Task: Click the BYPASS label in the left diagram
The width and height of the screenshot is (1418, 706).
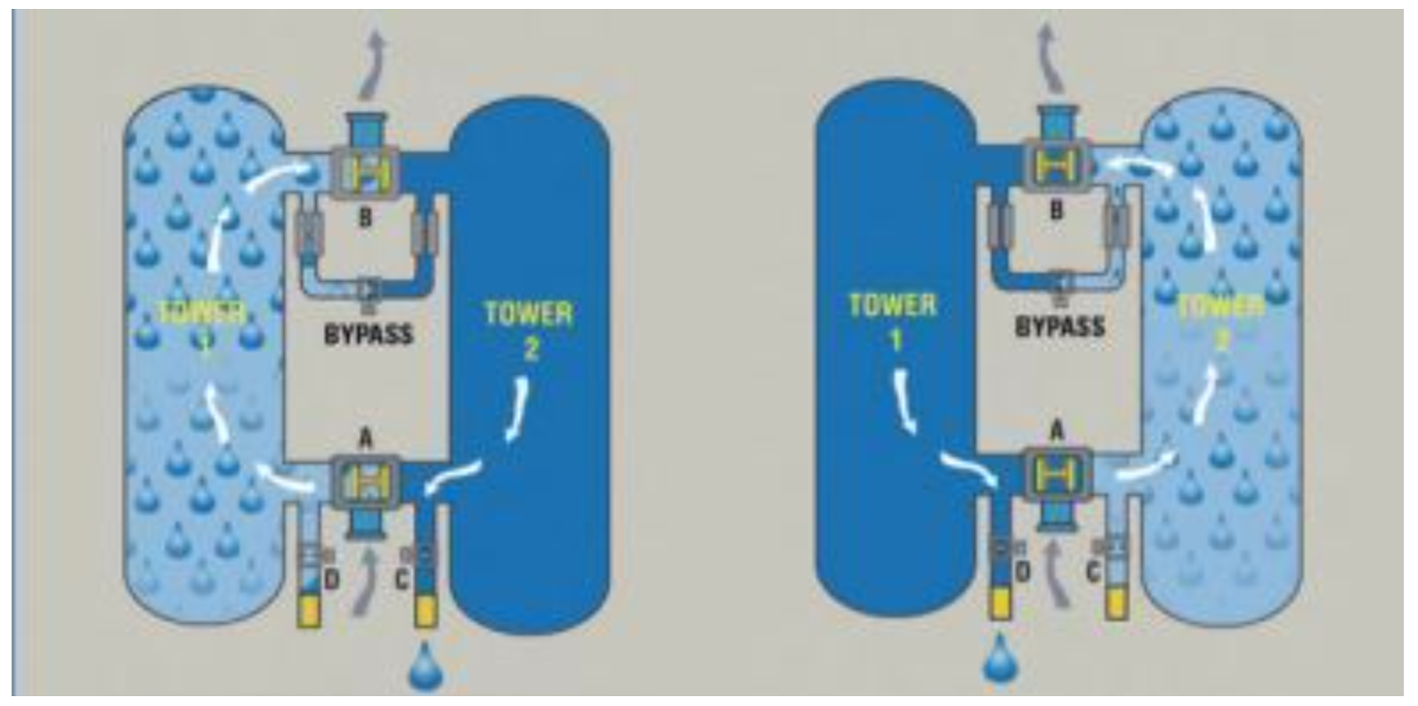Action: [368, 335]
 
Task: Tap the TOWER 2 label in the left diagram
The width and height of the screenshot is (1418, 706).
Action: [529, 329]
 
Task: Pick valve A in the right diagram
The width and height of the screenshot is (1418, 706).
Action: [1057, 475]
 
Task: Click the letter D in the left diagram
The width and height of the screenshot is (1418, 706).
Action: [331, 580]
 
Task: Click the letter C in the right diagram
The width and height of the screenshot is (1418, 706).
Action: [1091, 573]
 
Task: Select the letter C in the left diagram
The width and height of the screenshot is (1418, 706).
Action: [401, 580]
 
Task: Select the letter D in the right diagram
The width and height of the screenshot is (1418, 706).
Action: [1023, 573]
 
